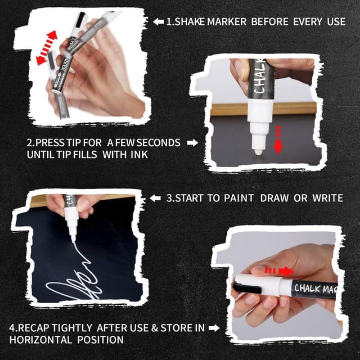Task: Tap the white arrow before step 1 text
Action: [x=159, y=21]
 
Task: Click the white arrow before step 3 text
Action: [x=156, y=198]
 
